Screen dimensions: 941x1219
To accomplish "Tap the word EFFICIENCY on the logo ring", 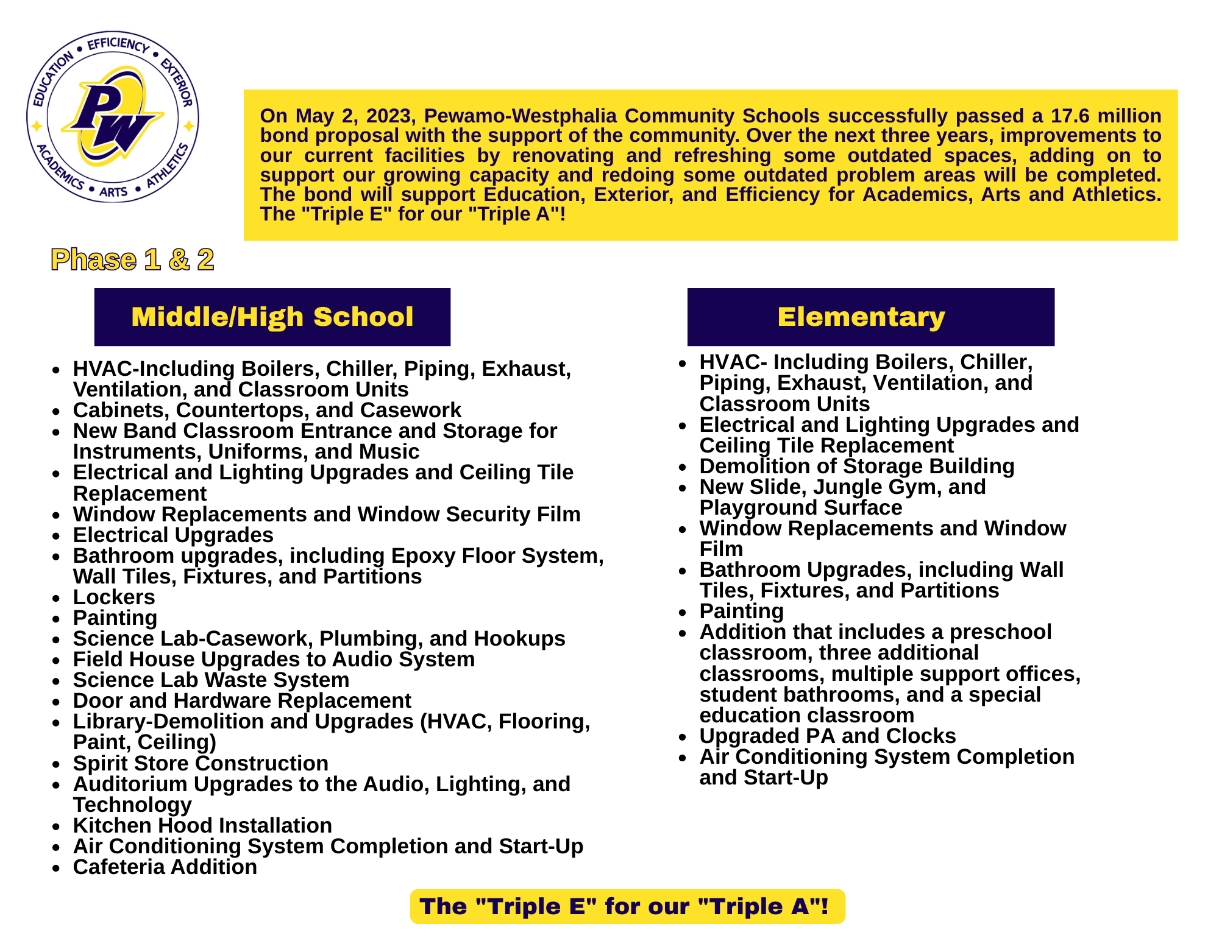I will (118, 44).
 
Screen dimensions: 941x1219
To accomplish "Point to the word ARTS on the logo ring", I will (113, 192).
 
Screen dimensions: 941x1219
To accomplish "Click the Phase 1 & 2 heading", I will (132, 260).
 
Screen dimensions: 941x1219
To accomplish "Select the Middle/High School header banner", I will (272, 317).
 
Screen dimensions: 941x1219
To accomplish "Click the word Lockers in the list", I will (114, 597).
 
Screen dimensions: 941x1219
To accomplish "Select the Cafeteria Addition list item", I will (165, 867).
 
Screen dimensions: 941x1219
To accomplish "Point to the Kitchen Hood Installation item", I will (202, 825).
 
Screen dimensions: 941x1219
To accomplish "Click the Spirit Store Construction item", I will (201, 763).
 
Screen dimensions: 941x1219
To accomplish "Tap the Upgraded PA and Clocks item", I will (827, 736).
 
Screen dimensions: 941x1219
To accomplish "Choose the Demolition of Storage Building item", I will (856, 466).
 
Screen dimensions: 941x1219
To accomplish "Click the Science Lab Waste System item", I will (211, 680).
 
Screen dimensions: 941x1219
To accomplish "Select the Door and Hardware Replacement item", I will (242, 700).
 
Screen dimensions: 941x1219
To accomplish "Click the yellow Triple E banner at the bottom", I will (627, 906).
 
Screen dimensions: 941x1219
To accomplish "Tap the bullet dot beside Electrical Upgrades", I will (57, 536).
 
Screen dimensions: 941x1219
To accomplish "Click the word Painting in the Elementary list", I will (741, 611).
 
